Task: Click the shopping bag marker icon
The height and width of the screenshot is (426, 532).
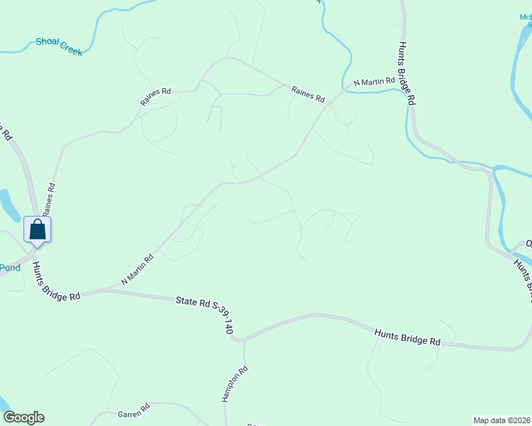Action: (37, 229)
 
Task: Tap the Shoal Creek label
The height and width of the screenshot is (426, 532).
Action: (59, 47)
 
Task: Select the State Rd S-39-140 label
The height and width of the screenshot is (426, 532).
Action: (205, 316)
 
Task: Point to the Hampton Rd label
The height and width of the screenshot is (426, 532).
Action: (235, 384)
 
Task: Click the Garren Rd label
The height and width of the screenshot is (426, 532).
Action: (133, 410)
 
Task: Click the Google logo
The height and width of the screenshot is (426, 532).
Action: (23, 417)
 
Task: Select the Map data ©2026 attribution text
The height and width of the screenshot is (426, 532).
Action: (501, 420)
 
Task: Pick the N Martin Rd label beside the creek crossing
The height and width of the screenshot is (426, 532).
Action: (373, 82)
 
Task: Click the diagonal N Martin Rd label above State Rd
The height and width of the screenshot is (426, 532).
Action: (138, 270)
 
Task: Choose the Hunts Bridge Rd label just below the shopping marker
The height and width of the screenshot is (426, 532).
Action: (56, 283)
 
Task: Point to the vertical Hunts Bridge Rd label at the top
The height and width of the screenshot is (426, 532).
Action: (405, 74)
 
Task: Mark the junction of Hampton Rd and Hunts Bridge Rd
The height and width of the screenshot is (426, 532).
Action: (243, 339)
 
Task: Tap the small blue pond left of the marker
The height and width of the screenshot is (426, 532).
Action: (6, 205)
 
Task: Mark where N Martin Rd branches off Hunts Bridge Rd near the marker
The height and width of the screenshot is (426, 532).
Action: (105, 290)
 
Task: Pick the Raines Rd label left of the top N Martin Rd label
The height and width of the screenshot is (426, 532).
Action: (308, 93)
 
